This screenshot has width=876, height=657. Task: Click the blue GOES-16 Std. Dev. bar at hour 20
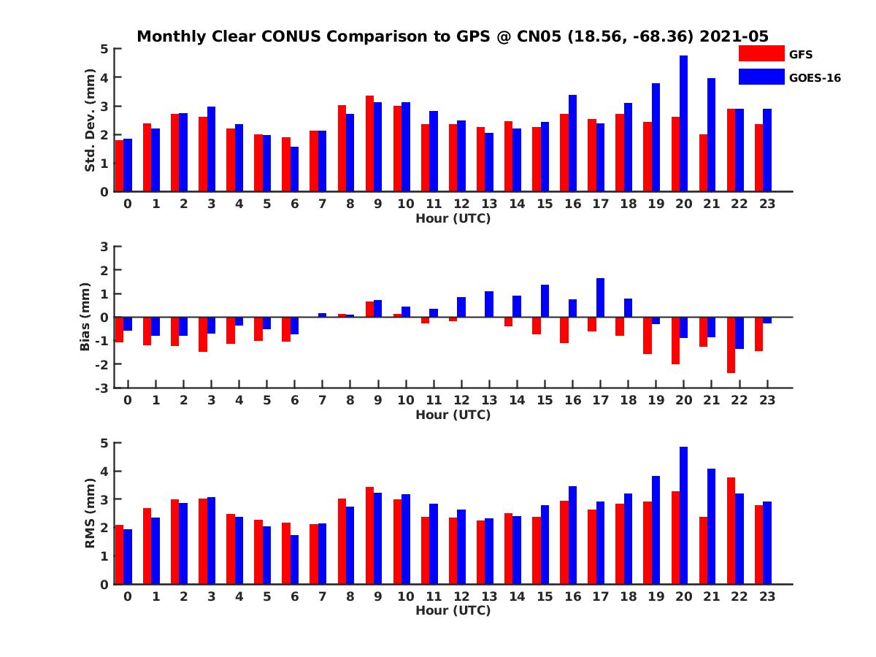tap(683, 124)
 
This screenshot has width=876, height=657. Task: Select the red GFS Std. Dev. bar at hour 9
tap(369, 144)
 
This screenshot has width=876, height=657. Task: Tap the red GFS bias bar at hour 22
tap(731, 345)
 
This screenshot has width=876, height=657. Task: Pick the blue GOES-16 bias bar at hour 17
tap(600, 298)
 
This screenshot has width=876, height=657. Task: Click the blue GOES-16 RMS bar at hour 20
tap(683, 515)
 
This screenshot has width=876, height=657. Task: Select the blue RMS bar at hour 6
tap(294, 559)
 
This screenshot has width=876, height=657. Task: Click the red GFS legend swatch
tap(761, 53)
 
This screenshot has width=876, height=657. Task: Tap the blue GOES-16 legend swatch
tap(761, 76)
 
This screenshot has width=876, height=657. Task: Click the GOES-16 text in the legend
tap(815, 77)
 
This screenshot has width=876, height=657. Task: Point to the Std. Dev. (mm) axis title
tap(91, 120)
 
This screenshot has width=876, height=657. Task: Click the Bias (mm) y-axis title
tap(85, 318)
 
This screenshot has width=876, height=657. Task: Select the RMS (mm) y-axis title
tap(91, 513)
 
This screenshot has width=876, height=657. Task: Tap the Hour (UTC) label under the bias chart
tap(453, 415)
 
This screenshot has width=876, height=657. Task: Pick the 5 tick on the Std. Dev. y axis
tap(104, 49)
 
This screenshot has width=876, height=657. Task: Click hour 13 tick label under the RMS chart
tap(489, 596)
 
